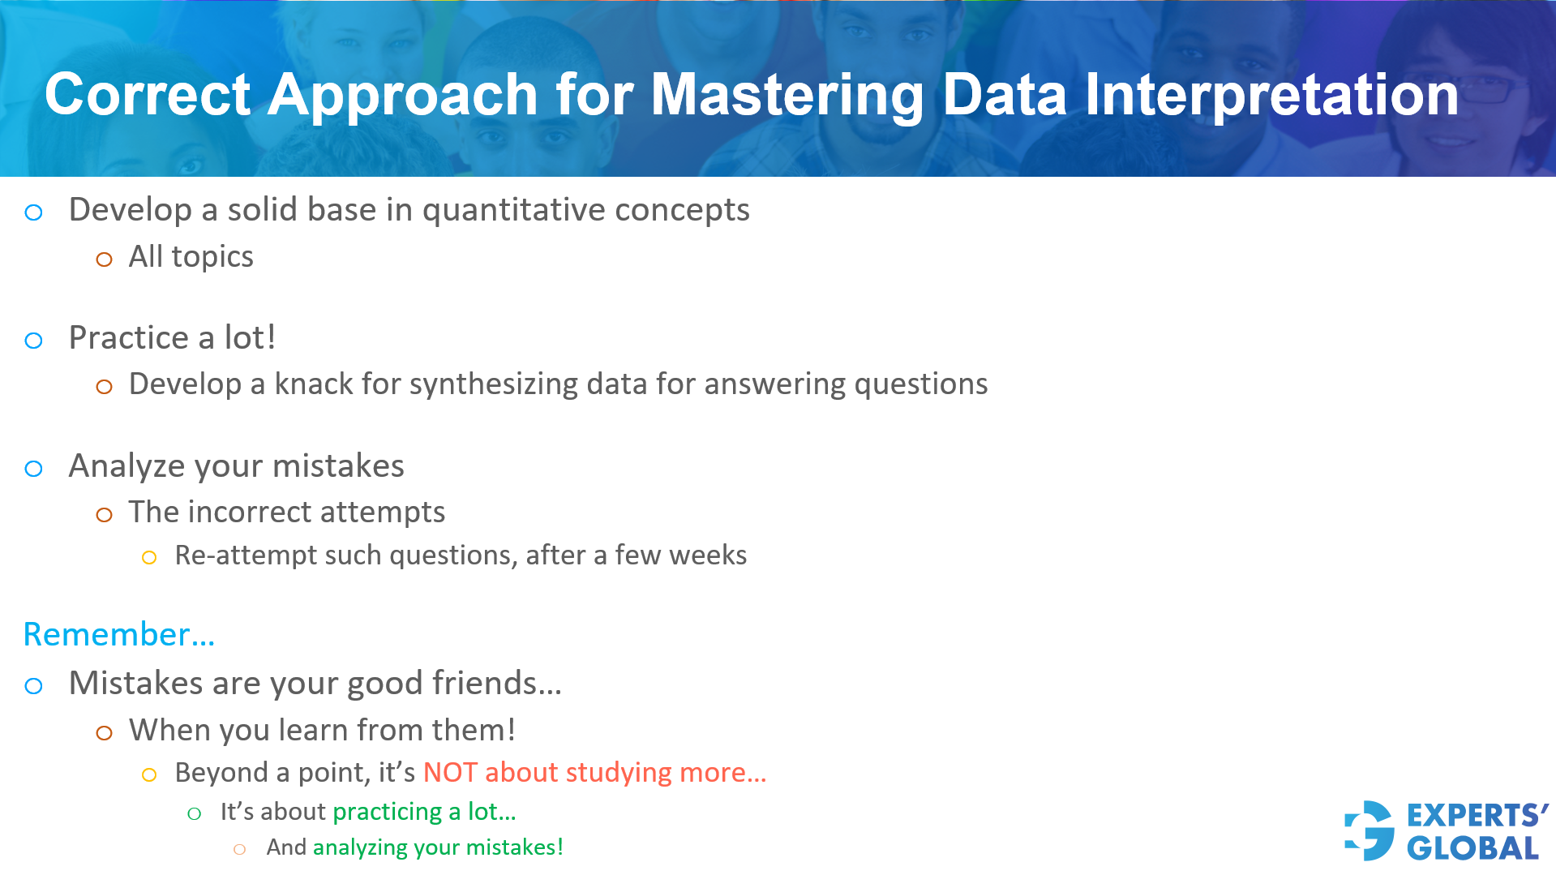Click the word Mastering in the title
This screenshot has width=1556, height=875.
[787, 96]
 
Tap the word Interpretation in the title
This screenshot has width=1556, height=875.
[1271, 96]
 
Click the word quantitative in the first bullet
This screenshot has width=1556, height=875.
[513, 210]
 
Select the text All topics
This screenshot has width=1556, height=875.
[191, 257]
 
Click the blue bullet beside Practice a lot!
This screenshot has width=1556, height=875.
[33, 341]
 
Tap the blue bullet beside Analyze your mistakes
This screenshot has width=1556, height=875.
[33, 469]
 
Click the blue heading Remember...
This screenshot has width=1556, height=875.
[118, 634]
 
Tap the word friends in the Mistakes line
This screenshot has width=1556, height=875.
[495, 684]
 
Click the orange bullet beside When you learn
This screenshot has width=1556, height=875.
[104, 733]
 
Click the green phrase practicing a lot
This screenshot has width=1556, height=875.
[423, 812]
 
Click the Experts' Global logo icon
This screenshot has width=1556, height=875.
[1370, 830]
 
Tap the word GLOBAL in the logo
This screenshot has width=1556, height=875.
[1472, 848]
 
